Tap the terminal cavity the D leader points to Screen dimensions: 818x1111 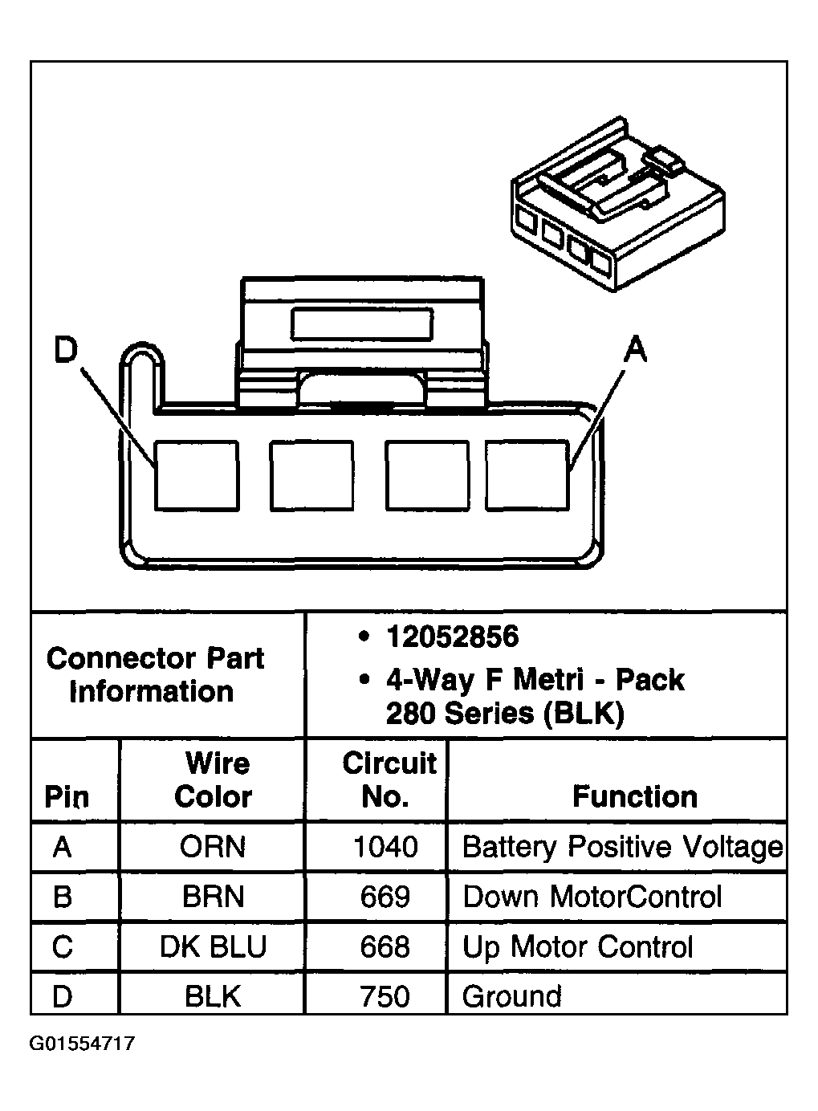pos(197,475)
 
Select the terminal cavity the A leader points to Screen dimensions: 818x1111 pos(527,475)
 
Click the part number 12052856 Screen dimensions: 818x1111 pos(453,637)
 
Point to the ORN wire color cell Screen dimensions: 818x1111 pos(212,847)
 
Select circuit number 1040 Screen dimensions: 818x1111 pos(385,847)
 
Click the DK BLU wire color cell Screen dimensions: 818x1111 pos(213,946)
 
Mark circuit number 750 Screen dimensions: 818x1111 pos(385,996)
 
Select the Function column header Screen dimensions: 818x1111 pos(635,797)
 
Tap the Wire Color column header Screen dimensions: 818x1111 pos(214,779)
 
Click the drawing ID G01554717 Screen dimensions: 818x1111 pos(82,1043)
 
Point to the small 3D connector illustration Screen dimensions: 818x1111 pos(618,204)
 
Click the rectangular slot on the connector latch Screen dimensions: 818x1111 pos(362,324)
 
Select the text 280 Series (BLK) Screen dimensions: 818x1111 pos(505,714)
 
